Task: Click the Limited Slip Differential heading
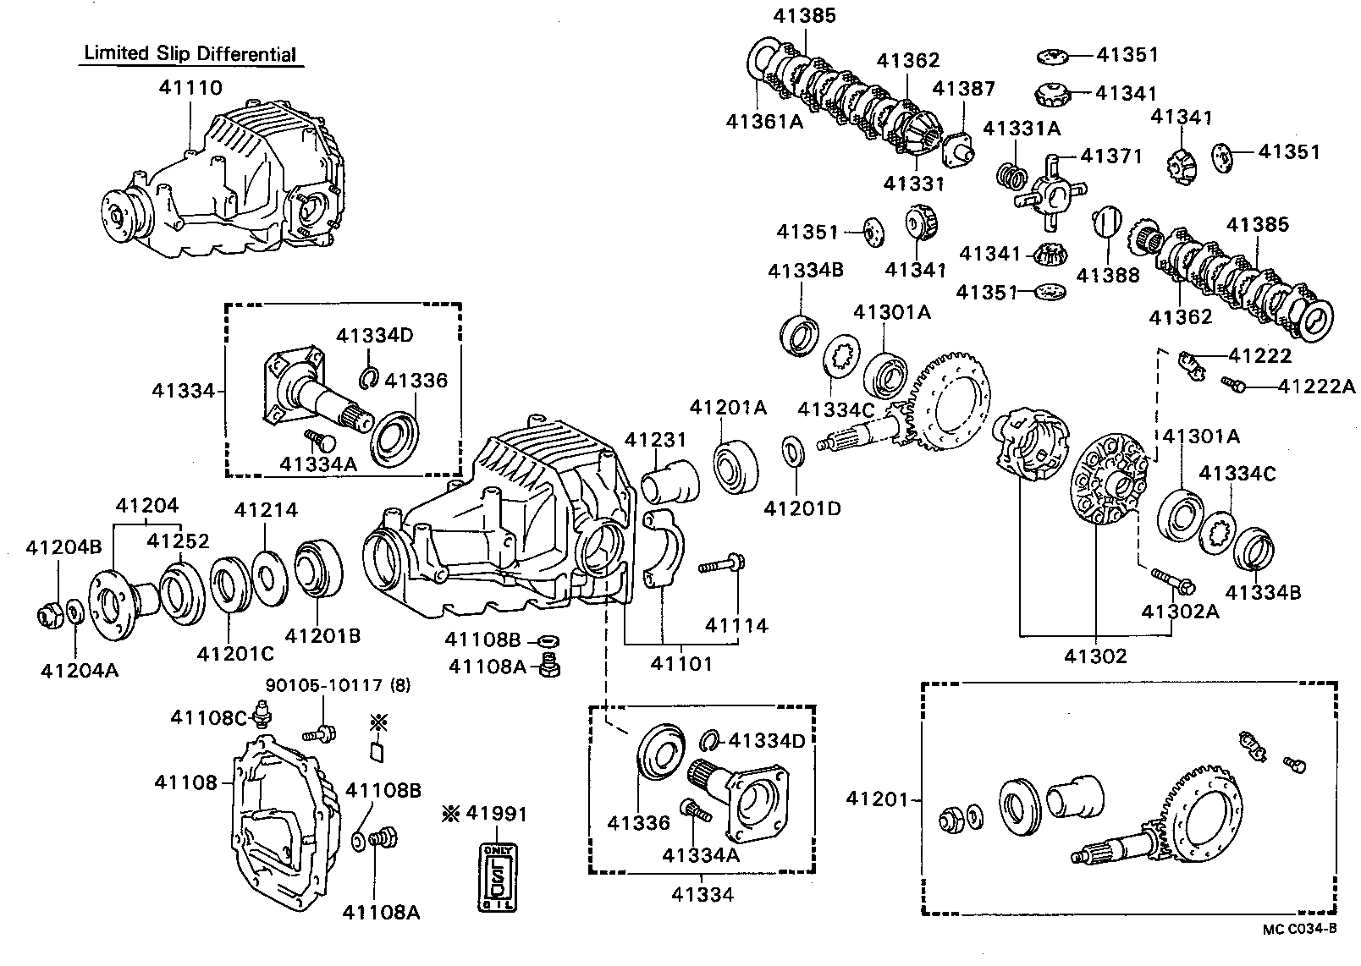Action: (x=190, y=54)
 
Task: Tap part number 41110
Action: (x=190, y=87)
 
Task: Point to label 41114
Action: (x=736, y=625)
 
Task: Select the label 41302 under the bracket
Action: (x=1095, y=656)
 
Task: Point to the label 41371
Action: (x=1111, y=156)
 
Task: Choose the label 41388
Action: (x=1107, y=275)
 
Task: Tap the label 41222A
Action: (x=1316, y=386)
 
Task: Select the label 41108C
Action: (x=208, y=717)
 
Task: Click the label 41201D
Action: (x=802, y=508)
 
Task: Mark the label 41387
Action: (x=963, y=89)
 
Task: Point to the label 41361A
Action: (x=763, y=121)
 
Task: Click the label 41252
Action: (x=178, y=541)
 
